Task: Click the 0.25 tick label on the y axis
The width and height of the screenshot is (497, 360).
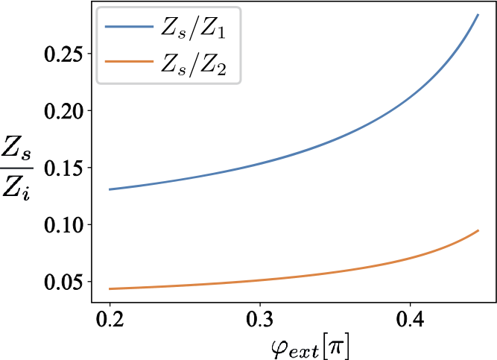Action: [66, 54]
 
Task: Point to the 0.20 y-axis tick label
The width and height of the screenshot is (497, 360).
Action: [66, 111]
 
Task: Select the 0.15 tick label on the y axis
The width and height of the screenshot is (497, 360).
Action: [66, 168]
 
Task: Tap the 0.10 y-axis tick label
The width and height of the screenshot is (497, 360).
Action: [66, 224]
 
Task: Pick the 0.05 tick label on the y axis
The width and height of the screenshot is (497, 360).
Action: [66, 282]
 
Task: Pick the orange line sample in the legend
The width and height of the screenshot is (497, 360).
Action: [129, 66]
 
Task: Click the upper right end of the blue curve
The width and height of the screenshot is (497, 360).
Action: [478, 15]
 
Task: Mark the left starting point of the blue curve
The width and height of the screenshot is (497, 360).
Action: [110, 189]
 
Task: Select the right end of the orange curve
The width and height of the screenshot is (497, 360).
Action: [478, 230]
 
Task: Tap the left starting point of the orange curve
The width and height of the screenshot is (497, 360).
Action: [110, 288]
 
